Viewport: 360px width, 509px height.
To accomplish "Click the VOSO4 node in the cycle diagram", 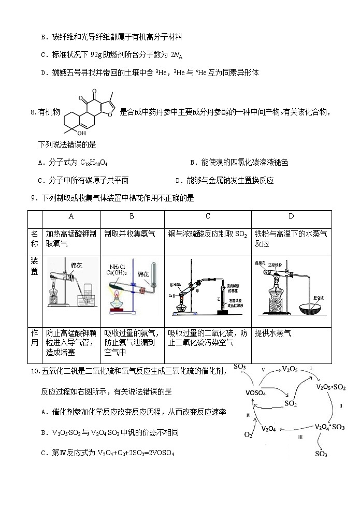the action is [x=256, y=393].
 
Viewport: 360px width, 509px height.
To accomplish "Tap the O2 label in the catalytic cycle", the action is [x=248, y=434].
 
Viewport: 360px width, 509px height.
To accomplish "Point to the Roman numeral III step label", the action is [x=300, y=438].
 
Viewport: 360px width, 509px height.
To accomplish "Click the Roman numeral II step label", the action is [x=340, y=406].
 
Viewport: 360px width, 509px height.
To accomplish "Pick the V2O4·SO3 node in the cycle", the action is [x=330, y=427].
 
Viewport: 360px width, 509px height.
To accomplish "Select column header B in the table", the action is [x=132, y=216].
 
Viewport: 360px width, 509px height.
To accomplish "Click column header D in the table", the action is [x=291, y=216].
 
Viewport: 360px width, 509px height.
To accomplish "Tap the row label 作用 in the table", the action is [x=34, y=338].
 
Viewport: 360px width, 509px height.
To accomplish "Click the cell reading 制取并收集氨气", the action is [x=129, y=234].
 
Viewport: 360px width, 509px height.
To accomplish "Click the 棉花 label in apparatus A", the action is [x=77, y=265].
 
